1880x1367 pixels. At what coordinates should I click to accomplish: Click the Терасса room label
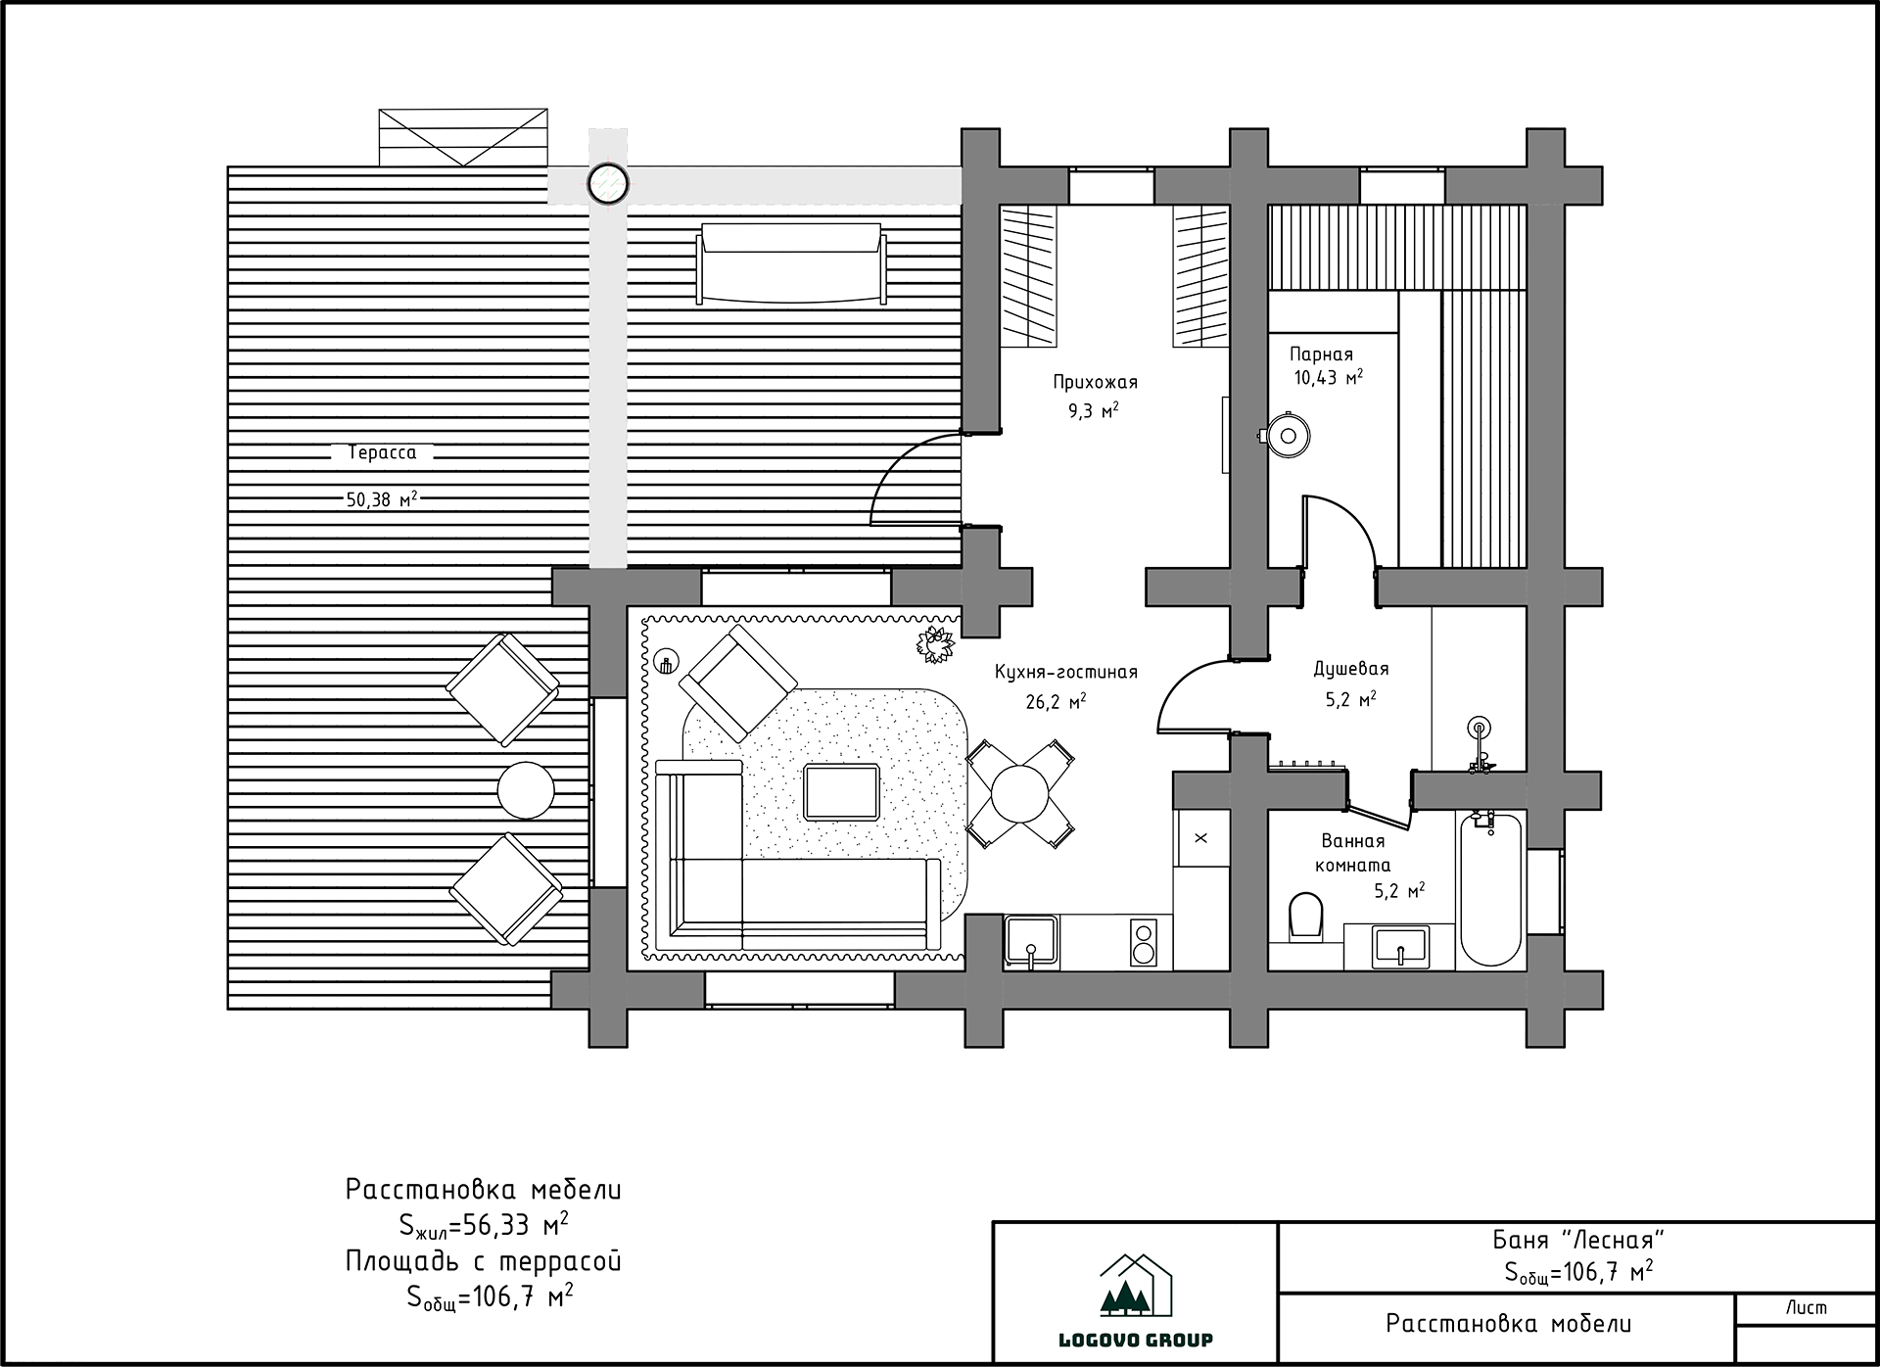[382, 453]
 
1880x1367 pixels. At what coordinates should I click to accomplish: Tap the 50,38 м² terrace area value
[382, 499]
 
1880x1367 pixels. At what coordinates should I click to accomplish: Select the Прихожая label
[1095, 383]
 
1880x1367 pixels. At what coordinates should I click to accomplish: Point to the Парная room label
[1321, 354]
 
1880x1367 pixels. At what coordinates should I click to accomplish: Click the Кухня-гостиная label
[1066, 672]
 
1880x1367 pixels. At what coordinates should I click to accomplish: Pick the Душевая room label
[1351, 670]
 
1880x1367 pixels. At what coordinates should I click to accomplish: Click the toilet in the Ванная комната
[1306, 916]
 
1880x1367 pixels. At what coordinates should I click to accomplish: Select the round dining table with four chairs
[1019, 793]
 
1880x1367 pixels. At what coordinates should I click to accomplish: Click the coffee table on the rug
[841, 792]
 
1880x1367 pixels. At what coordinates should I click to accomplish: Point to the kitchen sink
[1030, 942]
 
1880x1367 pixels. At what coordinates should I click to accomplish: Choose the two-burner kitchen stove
[1143, 942]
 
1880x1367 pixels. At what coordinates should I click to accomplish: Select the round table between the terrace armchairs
[526, 790]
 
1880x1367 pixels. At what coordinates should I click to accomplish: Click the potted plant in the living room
[935, 645]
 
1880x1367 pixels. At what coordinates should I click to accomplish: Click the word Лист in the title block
[1806, 1308]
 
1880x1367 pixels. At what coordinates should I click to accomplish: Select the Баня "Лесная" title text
[1578, 1241]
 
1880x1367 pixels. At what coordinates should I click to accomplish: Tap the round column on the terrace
[607, 183]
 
